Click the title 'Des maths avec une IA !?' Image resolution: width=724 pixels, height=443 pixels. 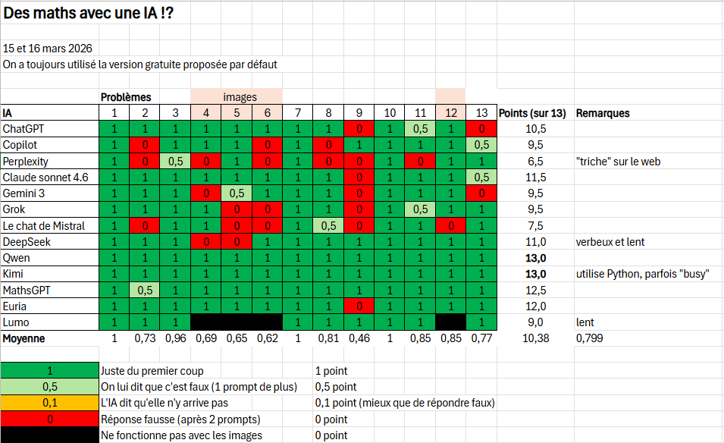(x=88, y=14)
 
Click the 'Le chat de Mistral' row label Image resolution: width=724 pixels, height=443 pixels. (x=43, y=225)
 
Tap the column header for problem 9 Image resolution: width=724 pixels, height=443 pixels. (x=359, y=113)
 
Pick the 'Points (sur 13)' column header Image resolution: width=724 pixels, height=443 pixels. (x=532, y=113)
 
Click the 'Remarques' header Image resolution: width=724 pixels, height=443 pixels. (x=603, y=113)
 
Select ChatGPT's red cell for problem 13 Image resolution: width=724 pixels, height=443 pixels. (x=481, y=129)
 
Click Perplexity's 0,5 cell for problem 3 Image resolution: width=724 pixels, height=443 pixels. (x=175, y=161)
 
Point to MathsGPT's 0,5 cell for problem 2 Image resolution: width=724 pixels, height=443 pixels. (x=145, y=290)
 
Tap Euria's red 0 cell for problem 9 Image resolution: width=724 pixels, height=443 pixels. (x=359, y=306)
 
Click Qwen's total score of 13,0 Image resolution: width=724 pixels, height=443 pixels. (x=536, y=258)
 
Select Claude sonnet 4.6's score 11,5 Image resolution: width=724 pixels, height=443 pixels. (x=536, y=178)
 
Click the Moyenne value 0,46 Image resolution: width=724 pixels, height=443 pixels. (x=359, y=338)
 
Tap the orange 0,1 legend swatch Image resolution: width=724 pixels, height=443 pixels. (x=50, y=403)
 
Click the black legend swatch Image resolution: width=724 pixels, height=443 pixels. (x=50, y=435)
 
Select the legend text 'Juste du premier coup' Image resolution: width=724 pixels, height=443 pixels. (x=152, y=371)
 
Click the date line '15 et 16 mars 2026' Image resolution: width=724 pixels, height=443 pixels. (x=48, y=49)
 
